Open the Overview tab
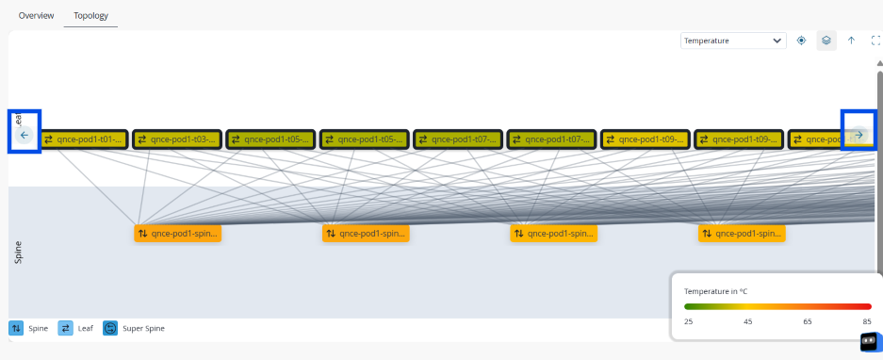point(36,16)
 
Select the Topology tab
point(90,16)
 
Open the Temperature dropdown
point(733,41)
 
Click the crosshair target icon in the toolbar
point(801,41)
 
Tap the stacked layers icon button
point(826,41)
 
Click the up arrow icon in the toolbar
point(851,41)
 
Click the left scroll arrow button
point(25,135)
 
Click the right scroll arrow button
point(858,135)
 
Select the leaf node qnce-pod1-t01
point(82,139)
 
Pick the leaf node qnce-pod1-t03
point(175,139)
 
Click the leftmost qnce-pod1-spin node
point(179,233)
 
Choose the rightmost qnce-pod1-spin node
point(742,233)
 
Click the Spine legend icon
point(16,328)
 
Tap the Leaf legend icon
point(66,328)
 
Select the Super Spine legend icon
point(110,328)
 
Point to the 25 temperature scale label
point(690,321)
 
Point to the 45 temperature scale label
point(747,321)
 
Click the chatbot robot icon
point(869,341)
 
